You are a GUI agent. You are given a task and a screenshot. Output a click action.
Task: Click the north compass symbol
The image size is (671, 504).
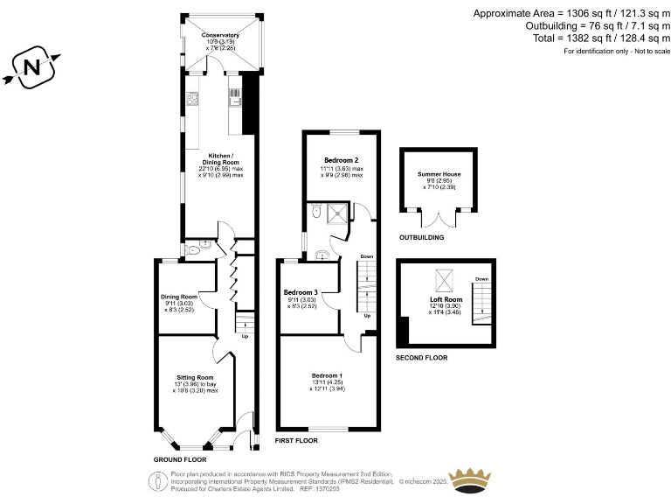pyautogui.click(x=32, y=67)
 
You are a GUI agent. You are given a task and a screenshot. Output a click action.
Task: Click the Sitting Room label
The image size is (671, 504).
pyautogui.click(x=195, y=377)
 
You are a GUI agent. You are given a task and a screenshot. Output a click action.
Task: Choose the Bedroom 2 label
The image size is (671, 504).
pyautogui.click(x=342, y=161)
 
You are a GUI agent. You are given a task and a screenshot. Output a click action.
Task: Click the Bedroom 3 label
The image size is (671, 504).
pyautogui.click(x=301, y=292)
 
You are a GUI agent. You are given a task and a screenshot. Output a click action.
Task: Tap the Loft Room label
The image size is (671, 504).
pyautogui.click(x=446, y=299)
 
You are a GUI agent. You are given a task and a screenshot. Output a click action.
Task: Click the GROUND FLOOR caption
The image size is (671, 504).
pyautogui.click(x=179, y=459)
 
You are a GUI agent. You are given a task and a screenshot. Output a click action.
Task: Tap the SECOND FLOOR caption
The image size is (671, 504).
pyautogui.click(x=421, y=358)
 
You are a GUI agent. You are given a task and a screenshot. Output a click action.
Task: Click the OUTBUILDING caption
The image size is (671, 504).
pyautogui.click(x=421, y=237)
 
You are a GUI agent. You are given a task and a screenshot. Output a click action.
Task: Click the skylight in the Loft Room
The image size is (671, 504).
pyautogui.click(x=444, y=279)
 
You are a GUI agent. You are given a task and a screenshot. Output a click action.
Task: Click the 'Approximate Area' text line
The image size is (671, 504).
pyautogui.click(x=571, y=13)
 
